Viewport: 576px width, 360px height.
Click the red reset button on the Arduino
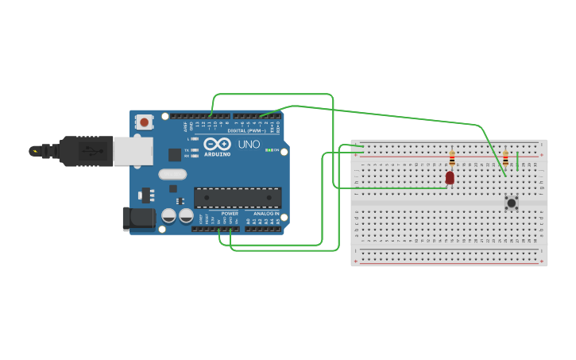(x=144, y=122)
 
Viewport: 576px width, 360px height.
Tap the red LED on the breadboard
(x=450, y=178)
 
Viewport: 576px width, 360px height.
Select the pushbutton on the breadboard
(x=512, y=203)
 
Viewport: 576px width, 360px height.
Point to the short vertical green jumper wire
(x=517, y=161)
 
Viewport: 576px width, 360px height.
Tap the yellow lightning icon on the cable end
(x=33, y=150)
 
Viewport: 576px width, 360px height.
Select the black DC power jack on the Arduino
(x=137, y=219)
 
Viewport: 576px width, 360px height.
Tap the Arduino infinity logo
(x=217, y=145)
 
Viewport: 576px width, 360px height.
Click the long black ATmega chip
(x=238, y=197)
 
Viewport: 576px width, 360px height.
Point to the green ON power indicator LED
(x=270, y=150)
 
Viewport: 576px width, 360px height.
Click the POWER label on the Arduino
(x=230, y=214)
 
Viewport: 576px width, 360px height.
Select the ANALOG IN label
(x=266, y=214)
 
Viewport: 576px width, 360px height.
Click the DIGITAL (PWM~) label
(x=248, y=131)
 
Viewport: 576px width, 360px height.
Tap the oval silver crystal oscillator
(x=172, y=174)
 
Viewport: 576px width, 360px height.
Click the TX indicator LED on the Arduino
(x=195, y=149)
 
